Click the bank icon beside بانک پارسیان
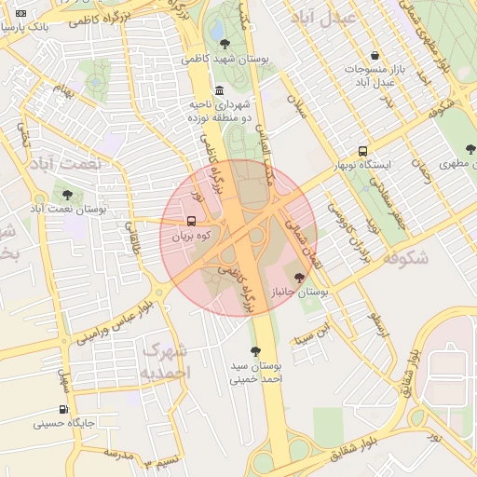click(21, 14)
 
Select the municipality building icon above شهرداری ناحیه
click(219, 90)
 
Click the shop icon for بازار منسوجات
click(375, 55)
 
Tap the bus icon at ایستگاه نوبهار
click(363, 151)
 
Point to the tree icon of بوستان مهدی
click(471, 147)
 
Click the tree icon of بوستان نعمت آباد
click(67, 195)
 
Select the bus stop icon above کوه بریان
click(191, 222)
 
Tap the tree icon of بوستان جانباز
click(299, 277)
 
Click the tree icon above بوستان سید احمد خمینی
click(256, 351)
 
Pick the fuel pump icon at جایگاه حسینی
click(63, 408)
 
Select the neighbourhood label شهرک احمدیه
click(165, 361)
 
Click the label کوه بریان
click(191, 237)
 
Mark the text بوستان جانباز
click(297, 293)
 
